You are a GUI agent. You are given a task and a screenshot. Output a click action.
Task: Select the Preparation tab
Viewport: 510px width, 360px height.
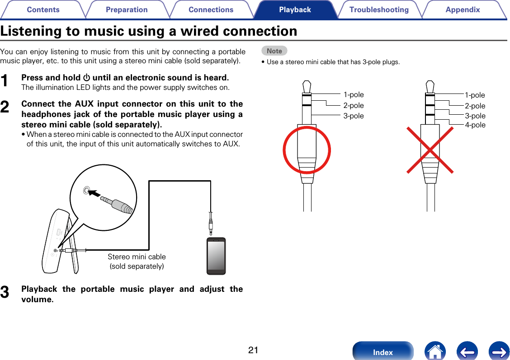[x=127, y=9]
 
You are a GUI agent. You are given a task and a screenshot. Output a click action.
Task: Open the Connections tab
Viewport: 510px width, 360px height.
[x=211, y=9]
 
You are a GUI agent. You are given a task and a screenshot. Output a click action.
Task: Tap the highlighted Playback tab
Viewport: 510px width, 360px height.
[x=295, y=9]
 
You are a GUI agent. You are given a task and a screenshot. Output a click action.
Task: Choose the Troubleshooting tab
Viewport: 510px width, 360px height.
[x=379, y=9]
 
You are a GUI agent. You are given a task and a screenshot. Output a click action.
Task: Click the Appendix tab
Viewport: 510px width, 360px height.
[x=463, y=9]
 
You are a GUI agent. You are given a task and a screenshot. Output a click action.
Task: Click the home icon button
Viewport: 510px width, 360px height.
[x=435, y=351]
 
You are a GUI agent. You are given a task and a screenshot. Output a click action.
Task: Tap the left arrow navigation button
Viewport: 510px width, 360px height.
[x=467, y=351]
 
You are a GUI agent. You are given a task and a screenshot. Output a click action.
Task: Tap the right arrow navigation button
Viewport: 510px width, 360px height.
[x=499, y=351]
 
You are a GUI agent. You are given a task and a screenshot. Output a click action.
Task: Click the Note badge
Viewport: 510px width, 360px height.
[x=274, y=51]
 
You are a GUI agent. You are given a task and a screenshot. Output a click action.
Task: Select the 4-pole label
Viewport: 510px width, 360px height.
[x=475, y=125]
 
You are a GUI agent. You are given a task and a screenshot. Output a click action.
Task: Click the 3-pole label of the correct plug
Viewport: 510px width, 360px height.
[x=353, y=116]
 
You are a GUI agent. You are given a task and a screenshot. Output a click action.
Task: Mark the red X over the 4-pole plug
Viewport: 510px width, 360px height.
[x=430, y=150]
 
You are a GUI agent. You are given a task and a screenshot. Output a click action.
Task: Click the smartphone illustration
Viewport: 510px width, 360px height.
[x=216, y=256]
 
